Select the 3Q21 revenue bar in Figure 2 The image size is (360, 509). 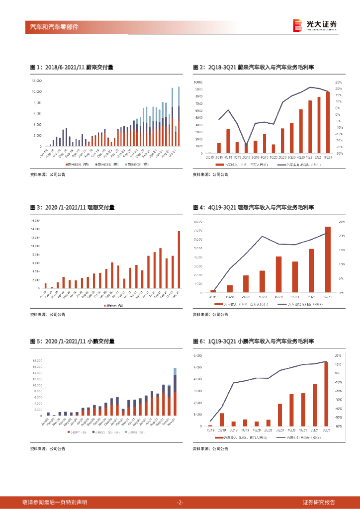(328, 122)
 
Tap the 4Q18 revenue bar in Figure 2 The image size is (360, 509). (228, 141)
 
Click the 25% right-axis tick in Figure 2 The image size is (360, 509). (338, 82)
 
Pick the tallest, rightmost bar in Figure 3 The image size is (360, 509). (179, 259)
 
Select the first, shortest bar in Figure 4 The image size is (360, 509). (213, 291)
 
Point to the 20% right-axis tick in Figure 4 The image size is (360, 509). (342, 236)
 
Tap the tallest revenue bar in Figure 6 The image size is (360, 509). (326, 394)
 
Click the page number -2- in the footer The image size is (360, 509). (180, 502)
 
